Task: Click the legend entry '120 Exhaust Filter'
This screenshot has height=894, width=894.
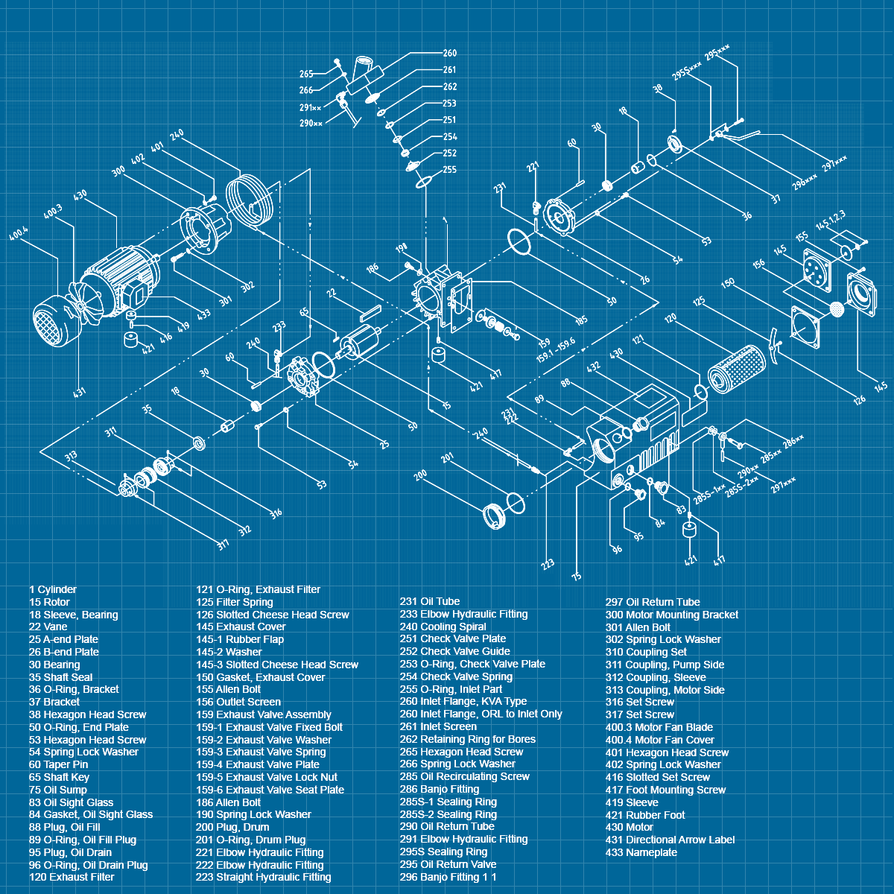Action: tap(72, 877)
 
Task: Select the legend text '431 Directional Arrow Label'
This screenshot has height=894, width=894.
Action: tap(670, 840)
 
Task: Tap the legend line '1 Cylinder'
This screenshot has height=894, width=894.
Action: tap(53, 589)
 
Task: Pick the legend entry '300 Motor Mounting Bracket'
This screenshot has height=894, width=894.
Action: tap(671, 615)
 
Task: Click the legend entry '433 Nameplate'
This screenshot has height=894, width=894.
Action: tap(641, 852)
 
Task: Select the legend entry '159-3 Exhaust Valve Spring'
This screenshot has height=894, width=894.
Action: tap(261, 752)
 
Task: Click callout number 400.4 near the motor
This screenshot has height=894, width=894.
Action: tap(19, 234)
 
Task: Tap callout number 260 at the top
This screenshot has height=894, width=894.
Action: tap(450, 53)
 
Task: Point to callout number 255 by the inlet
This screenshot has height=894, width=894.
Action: tap(449, 170)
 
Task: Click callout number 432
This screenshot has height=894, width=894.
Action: tap(594, 367)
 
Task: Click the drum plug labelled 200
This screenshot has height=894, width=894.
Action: tap(493, 516)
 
